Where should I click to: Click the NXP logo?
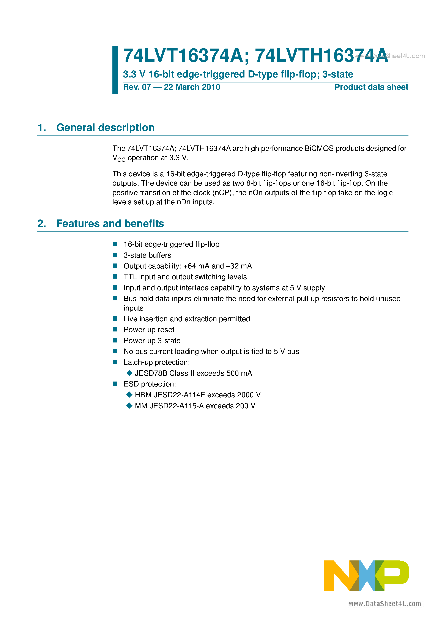pyautogui.click(x=366, y=576)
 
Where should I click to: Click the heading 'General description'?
pyautogui.click(x=105, y=128)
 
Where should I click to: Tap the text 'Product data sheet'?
pyautogui.click(x=371, y=87)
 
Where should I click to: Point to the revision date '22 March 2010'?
pyautogui.click(x=192, y=87)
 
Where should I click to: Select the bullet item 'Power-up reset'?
pyautogui.click(x=149, y=330)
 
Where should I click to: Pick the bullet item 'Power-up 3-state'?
pyautogui.click(x=152, y=341)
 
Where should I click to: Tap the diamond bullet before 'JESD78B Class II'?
pyautogui.click(x=129, y=373)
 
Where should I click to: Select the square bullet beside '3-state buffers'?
pyautogui.click(x=115, y=255)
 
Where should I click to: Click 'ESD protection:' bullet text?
pyautogui.click(x=150, y=384)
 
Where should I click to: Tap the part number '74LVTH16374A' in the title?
pyautogui.click(x=321, y=55)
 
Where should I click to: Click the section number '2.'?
pyautogui.click(x=42, y=223)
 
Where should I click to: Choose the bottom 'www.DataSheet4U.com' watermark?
pyautogui.click(x=385, y=604)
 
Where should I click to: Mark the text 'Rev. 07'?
pyautogui.click(x=137, y=87)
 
